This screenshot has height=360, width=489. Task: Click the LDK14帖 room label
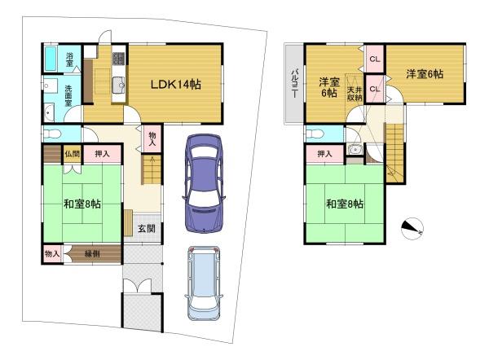[x=175, y=85]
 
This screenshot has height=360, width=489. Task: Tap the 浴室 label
[x=69, y=59]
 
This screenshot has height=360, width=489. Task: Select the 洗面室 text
[x=68, y=95]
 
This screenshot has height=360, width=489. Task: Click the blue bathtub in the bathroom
[x=51, y=59]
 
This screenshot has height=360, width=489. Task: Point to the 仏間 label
[x=72, y=154]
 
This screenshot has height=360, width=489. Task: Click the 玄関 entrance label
[x=146, y=229]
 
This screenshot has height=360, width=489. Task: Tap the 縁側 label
[x=92, y=254]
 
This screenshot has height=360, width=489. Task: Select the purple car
[x=204, y=183]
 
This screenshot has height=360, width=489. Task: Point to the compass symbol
[x=412, y=229]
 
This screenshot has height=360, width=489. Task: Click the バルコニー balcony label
[x=294, y=83]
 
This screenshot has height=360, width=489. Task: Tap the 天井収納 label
[x=355, y=94]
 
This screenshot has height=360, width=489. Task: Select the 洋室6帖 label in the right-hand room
[x=424, y=74]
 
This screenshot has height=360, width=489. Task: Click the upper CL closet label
[x=375, y=59]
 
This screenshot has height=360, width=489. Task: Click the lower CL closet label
[x=375, y=89]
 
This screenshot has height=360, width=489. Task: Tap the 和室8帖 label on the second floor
[x=344, y=204]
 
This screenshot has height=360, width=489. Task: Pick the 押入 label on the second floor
[x=324, y=154]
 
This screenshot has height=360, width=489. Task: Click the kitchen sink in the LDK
[x=118, y=85]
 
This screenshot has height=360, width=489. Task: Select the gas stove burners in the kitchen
[x=118, y=59]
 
